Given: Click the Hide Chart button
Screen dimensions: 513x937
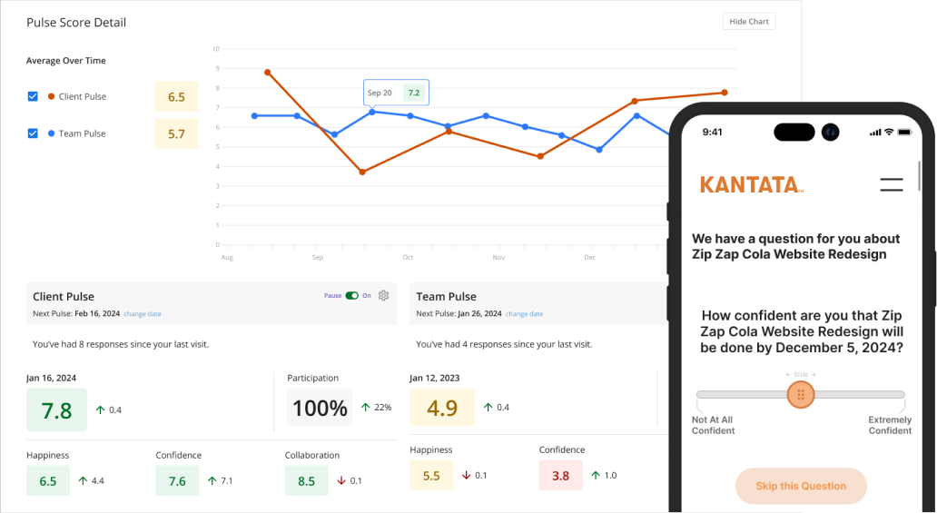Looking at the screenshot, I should click(x=749, y=22).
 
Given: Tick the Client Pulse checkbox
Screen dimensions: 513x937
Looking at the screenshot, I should click(x=33, y=96).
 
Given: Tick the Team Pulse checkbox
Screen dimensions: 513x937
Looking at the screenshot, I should click(x=33, y=133).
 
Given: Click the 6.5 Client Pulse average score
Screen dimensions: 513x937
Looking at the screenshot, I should click(x=176, y=97).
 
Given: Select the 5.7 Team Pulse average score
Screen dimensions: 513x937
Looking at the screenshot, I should click(x=176, y=134).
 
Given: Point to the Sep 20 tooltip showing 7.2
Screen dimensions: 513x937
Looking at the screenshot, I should click(x=395, y=93).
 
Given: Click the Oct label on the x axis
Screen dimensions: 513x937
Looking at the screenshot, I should click(x=408, y=258).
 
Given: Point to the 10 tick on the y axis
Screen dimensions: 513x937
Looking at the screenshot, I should click(x=216, y=49).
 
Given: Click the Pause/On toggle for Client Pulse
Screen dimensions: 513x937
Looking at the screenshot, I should click(x=352, y=295).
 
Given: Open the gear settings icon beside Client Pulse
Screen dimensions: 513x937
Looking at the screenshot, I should click(x=384, y=295).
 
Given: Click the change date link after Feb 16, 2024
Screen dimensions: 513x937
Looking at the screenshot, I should click(x=143, y=314).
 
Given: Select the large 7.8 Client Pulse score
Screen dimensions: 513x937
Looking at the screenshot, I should click(x=56, y=409).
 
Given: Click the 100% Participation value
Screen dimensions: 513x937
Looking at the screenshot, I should click(x=320, y=408).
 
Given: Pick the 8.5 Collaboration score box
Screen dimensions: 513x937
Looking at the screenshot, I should click(x=307, y=480).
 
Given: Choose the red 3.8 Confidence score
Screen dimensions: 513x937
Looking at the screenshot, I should click(x=561, y=475).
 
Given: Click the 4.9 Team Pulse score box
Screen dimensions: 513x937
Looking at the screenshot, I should click(x=441, y=408).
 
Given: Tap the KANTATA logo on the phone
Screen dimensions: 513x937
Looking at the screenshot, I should click(x=751, y=184).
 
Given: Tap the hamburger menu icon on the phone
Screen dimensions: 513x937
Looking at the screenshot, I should click(x=892, y=184).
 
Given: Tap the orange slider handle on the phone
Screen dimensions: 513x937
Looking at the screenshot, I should click(x=801, y=395).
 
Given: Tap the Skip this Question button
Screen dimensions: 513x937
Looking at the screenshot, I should click(x=801, y=486).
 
